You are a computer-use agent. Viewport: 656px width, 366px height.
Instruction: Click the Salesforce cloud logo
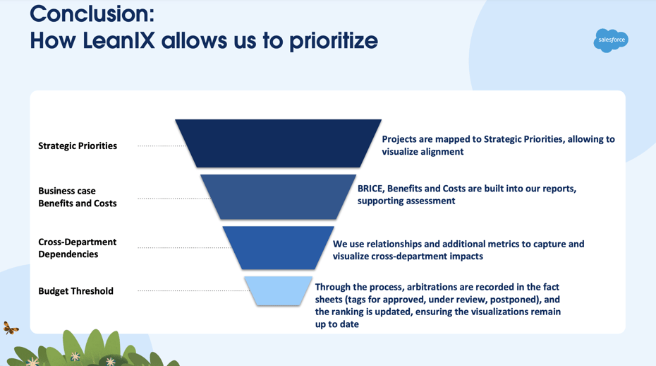click(610, 40)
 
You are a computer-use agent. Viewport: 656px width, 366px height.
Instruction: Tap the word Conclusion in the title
click(92, 13)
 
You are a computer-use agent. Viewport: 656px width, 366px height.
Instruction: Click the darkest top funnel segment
click(278, 143)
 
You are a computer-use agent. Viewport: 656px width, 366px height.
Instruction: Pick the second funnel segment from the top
click(278, 196)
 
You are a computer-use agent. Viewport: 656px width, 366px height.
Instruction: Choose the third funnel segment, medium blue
click(278, 247)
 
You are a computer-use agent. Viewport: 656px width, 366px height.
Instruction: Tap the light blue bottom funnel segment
click(278, 290)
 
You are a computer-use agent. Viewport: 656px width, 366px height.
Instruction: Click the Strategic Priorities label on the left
click(78, 146)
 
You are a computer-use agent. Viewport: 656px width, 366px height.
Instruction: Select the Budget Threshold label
click(75, 291)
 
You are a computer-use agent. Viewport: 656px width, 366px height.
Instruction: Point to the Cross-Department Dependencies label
click(77, 248)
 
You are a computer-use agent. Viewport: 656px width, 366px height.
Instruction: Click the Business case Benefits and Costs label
click(78, 197)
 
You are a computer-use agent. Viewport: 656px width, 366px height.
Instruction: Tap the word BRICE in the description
click(370, 189)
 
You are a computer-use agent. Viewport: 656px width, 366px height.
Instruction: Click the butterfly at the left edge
click(11, 328)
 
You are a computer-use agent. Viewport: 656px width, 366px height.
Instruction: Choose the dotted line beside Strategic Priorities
click(161, 146)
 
